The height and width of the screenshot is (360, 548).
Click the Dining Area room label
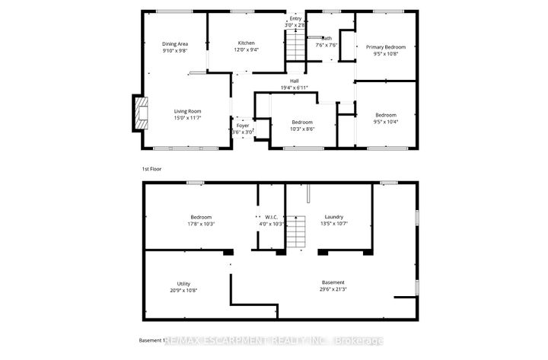[174, 43]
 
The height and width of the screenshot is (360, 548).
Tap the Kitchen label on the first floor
[246, 43]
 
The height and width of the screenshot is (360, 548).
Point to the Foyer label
[242, 125]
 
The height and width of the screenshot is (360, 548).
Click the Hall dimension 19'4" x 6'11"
[293, 88]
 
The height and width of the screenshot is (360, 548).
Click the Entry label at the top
[295, 18]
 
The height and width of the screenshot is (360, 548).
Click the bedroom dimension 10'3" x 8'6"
[302, 129]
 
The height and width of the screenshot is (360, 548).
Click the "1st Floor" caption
[151, 168]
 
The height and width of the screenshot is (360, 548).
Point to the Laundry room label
[334, 217]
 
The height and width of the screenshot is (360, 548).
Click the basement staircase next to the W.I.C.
[295, 231]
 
